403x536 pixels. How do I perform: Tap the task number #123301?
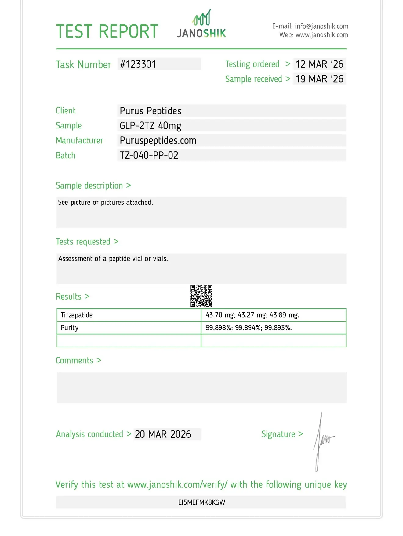pyautogui.click(x=138, y=64)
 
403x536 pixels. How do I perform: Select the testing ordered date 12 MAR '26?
pyautogui.click(x=319, y=64)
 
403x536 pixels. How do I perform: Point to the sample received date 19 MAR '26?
pyautogui.click(x=319, y=79)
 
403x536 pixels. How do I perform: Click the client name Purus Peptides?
pyautogui.click(x=151, y=111)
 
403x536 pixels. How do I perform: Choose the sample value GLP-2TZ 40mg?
pyautogui.click(x=151, y=126)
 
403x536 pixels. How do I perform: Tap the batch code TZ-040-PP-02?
pyautogui.click(x=149, y=155)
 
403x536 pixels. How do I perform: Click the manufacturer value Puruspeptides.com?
pyautogui.click(x=158, y=141)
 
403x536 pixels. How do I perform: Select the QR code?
pyautogui.click(x=201, y=296)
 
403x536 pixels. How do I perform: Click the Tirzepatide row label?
pyautogui.click(x=77, y=315)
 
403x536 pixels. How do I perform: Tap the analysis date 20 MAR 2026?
pyautogui.click(x=163, y=434)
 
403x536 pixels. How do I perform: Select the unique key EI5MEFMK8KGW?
pyautogui.click(x=201, y=502)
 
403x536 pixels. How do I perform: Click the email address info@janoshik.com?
pyautogui.click(x=321, y=27)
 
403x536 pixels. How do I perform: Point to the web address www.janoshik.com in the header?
pyautogui.click(x=322, y=35)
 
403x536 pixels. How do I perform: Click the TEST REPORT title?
pyautogui.click(x=107, y=31)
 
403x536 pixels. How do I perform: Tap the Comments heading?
pyautogui.click(x=74, y=361)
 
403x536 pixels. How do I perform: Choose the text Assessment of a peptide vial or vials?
pyautogui.click(x=113, y=259)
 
